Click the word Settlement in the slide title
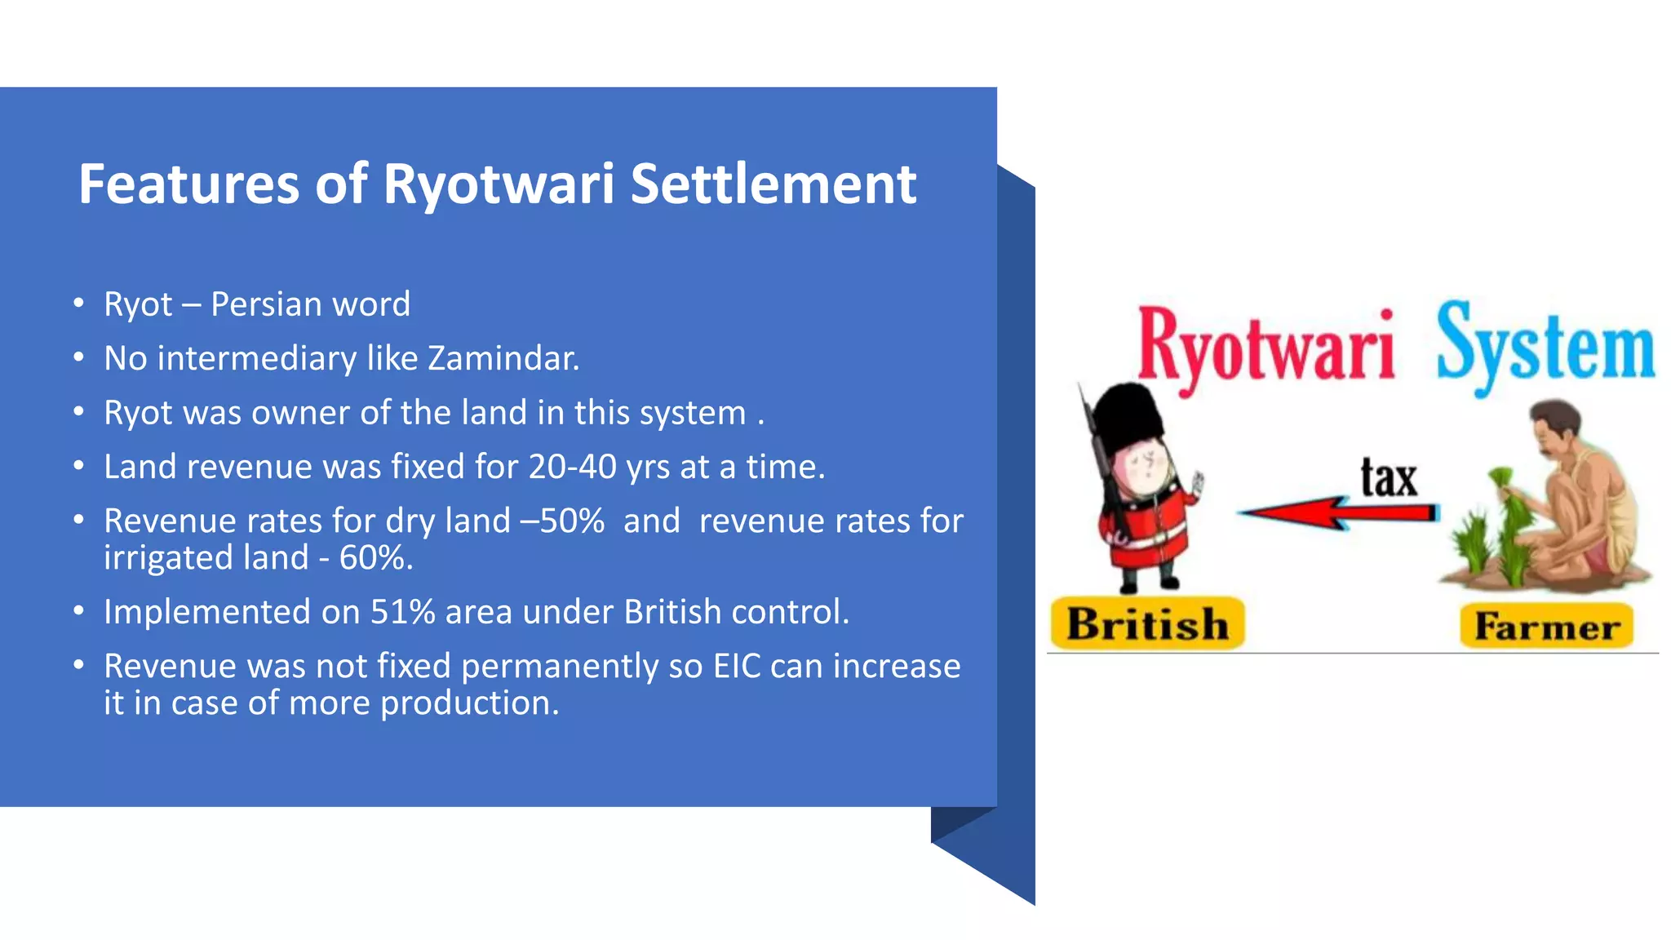click(x=773, y=184)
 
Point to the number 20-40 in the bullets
click(x=572, y=468)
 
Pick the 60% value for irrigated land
click(x=371, y=558)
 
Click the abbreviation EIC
click(x=737, y=667)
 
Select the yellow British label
click(x=1147, y=624)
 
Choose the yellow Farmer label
click(x=1546, y=627)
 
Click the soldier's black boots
click(x=1150, y=582)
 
